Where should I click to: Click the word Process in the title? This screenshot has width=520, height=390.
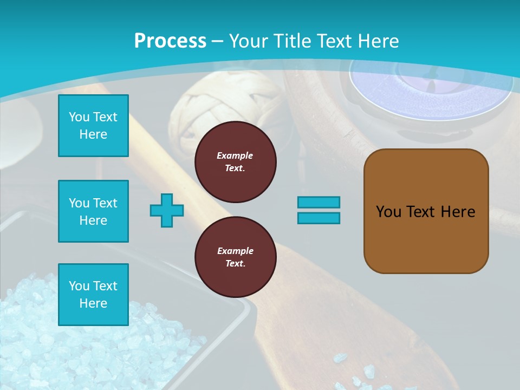pyautogui.click(x=170, y=41)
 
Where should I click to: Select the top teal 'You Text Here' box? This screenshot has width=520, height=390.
pyautogui.click(x=93, y=126)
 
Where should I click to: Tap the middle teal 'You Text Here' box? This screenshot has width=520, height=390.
pyautogui.click(x=93, y=211)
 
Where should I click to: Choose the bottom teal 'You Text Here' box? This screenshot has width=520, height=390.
pyautogui.click(x=93, y=294)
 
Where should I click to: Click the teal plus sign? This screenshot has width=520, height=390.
pyautogui.click(x=167, y=210)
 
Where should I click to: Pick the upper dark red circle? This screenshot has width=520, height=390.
pyautogui.click(x=235, y=162)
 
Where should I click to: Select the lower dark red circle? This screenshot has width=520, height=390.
pyautogui.click(x=235, y=257)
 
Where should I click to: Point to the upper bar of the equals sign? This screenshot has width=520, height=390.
pyautogui.click(x=318, y=202)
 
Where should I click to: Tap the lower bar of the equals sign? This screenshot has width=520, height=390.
pyautogui.click(x=318, y=218)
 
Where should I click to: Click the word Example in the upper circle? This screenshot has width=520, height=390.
pyautogui.click(x=235, y=155)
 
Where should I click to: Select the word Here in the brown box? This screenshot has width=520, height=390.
pyautogui.click(x=458, y=211)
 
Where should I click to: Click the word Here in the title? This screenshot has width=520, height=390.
pyautogui.click(x=377, y=41)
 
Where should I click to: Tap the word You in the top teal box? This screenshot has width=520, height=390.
pyautogui.click(x=79, y=117)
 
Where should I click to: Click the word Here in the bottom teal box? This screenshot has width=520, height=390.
pyautogui.click(x=93, y=303)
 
